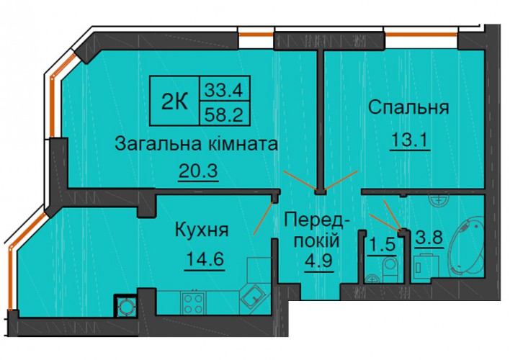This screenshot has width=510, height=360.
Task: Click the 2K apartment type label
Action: tap(174, 101)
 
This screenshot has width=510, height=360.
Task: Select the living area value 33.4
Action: tap(224, 90)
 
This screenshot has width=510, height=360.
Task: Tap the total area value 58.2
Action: tap(224, 114)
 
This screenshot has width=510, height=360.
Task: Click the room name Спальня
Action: tap(408, 108)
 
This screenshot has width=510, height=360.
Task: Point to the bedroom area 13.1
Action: tap(410, 140)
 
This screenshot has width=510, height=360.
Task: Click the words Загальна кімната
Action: tap(197, 144)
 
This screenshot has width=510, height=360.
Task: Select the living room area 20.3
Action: tap(198, 171)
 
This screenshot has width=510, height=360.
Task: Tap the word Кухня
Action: tap(202, 230)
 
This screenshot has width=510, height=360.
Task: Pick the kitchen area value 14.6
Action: tap(205, 259)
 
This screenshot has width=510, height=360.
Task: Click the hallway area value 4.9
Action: tap(318, 261)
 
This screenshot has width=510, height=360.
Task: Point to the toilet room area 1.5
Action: tap(382, 245)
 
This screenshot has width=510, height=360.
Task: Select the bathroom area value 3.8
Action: tap(429, 237)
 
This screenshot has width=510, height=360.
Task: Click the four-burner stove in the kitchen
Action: tap(194, 302)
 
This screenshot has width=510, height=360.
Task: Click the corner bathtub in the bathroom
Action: tap(465, 247)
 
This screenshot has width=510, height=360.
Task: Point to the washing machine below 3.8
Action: tap(426, 267)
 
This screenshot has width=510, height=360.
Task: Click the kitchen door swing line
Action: tap(264, 217)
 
